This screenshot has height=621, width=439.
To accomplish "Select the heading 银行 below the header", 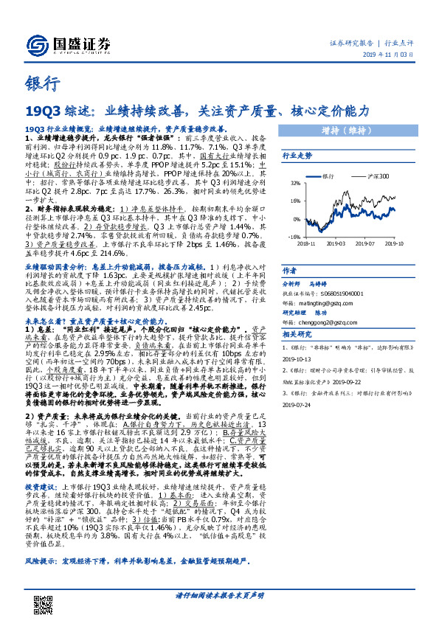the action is tap(38, 84).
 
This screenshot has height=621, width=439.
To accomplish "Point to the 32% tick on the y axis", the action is tap(294, 182).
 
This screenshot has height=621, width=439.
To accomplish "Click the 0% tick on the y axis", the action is tap(296, 219).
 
